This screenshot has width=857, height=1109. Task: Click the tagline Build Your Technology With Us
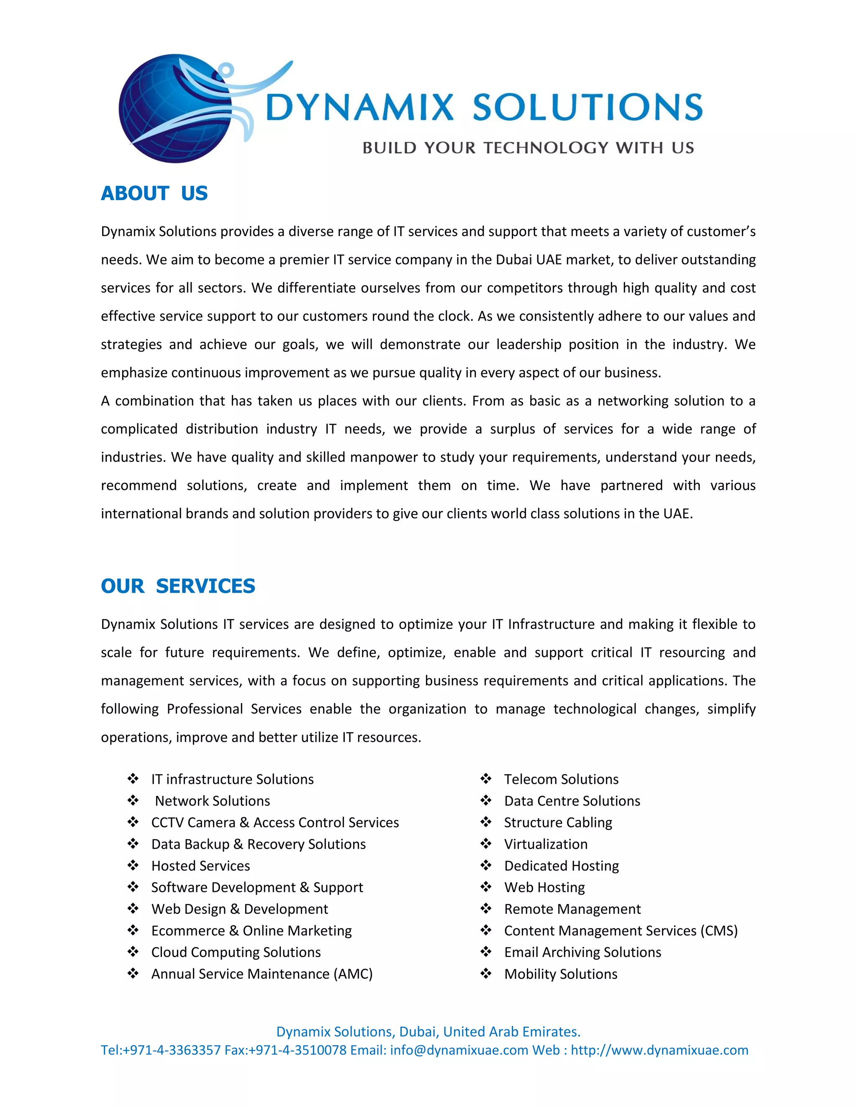pyautogui.click(x=528, y=148)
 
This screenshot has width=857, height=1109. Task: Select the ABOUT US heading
pyautogui.click(x=154, y=193)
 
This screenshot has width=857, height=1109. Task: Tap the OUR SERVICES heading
pyautogui.click(x=178, y=586)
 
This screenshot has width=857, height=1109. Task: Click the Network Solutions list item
pyautogui.click(x=212, y=801)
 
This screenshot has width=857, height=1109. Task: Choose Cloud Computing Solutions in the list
pyautogui.click(x=236, y=952)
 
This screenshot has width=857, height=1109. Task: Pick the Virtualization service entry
pyautogui.click(x=546, y=844)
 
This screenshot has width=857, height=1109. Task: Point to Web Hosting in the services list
pyautogui.click(x=544, y=887)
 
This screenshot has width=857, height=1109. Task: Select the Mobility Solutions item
pyautogui.click(x=560, y=974)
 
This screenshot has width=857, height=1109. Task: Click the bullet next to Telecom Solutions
pyautogui.click(x=486, y=778)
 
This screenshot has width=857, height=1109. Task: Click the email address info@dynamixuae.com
pyautogui.click(x=459, y=1050)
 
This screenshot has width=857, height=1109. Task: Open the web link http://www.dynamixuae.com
pyautogui.click(x=659, y=1050)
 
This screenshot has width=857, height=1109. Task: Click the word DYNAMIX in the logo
pyautogui.click(x=359, y=107)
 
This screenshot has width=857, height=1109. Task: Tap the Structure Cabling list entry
pyautogui.click(x=558, y=822)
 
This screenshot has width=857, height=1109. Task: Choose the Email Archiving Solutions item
pyautogui.click(x=582, y=952)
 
